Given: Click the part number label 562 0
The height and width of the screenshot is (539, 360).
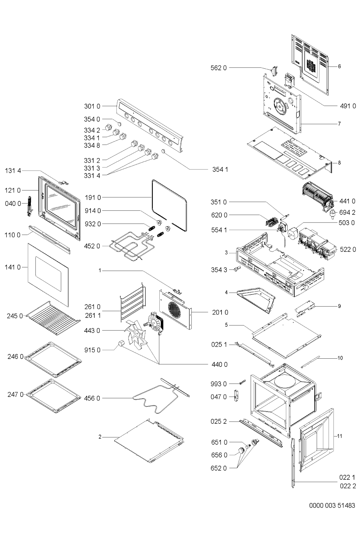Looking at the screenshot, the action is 219,68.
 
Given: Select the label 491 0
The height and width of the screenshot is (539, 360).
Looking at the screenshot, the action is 348,106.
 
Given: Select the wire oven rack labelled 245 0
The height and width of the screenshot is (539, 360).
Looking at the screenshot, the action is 53,318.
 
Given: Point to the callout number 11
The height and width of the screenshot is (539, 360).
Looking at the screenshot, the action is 340,436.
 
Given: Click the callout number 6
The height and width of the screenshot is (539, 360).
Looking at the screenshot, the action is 339,66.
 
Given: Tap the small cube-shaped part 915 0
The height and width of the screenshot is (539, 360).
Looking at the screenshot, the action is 120,343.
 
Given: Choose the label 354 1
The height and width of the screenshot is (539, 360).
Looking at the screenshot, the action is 220,170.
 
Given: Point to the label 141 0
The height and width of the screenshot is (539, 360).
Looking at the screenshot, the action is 12,267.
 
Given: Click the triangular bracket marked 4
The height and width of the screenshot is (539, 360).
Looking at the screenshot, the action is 256,300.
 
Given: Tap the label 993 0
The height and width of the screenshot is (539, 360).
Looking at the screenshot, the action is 219,384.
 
